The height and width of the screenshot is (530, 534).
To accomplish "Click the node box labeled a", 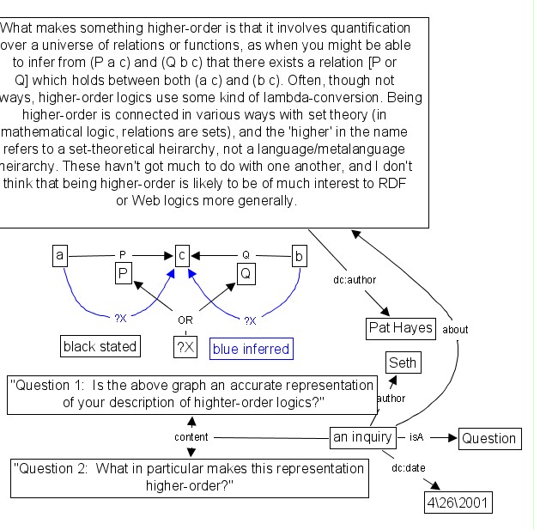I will [x=59, y=255].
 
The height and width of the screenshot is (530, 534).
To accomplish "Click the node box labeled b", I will [x=299, y=255].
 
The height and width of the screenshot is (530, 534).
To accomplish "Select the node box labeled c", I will [x=182, y=255].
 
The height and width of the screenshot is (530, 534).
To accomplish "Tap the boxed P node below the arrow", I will [x=123, y=274].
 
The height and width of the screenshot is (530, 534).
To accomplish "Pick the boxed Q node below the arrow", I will [x=245, y=274].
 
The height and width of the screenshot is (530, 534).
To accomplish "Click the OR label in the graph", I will [x=185, y=320].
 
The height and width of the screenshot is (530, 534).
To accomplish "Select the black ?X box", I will [x=185, y=347].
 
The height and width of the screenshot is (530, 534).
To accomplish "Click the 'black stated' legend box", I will [x=100, y=346].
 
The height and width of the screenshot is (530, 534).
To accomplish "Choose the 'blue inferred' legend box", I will [x=250, y=348].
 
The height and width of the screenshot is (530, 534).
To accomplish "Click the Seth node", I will [x=403, y=362].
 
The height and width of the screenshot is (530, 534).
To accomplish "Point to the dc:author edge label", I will [x=355, y=279].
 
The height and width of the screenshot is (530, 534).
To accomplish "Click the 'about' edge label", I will [x=455, y=329].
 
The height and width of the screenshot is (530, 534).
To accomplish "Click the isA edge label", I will [x=416, y=437].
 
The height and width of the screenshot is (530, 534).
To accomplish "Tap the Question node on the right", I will [x=488, y=438].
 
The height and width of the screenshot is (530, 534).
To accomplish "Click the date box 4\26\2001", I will [x=458, y=503].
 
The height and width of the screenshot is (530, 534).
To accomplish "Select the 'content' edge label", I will [x=191, y=437].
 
